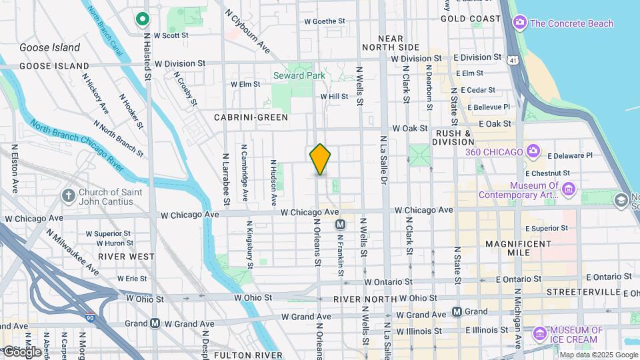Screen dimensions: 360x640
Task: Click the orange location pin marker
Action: [320, 159]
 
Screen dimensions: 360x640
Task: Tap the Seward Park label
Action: [299, 75]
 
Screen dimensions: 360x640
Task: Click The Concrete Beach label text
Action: [571, 23]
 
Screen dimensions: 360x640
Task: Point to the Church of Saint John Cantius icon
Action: [68, 195]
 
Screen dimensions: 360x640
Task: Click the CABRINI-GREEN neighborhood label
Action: [251, 117]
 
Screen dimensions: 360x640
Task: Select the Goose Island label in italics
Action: [49, 47]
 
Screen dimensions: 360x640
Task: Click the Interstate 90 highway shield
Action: [89, 318]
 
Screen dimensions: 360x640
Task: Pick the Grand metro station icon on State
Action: [457, 311]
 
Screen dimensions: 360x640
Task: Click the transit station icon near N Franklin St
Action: [340, 225]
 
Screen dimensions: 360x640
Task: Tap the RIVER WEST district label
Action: [125, 256]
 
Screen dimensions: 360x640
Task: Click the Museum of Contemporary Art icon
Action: [569, 189]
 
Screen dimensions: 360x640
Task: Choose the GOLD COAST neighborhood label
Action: [471, 19]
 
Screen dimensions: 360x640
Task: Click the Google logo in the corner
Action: [21, 351]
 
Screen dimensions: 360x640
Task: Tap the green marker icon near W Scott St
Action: [142, 19]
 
